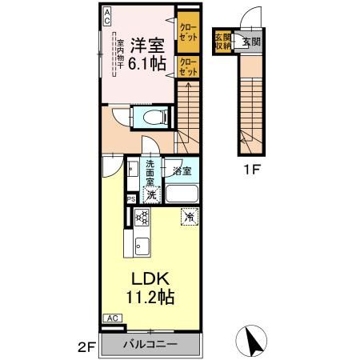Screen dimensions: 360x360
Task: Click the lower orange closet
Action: (189, 66)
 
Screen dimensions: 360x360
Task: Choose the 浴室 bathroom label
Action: (182, 170)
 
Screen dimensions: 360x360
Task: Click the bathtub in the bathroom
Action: (182, 194)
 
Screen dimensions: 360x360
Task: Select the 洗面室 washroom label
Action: (150, 174)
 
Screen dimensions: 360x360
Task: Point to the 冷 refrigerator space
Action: (189, 217)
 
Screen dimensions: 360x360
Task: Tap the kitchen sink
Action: (142, 246)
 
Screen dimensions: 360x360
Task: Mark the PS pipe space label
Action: (130, 200)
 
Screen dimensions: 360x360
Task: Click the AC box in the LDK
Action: (112, 318)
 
